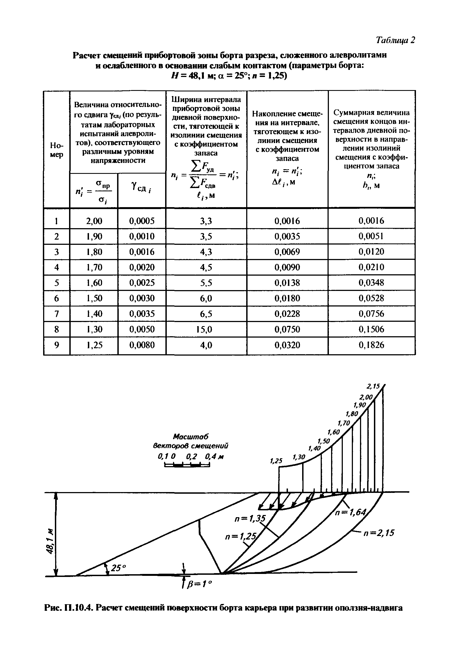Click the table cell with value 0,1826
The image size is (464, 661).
(x=371, y=345)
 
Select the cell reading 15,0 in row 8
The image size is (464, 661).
(x=206, y=329)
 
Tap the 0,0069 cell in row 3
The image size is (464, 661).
(x=287, y=252)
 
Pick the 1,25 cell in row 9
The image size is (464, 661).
(x=94, y=345)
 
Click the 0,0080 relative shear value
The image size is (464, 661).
(x=142, y=345)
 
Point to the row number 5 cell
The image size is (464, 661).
(x=56, y=283)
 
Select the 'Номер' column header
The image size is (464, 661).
(x=56, y=150)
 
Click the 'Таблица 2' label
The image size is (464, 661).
(x=395, y=40)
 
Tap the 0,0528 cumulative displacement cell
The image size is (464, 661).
(x=371, y=298)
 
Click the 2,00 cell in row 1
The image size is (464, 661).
(x=94, y=221)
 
